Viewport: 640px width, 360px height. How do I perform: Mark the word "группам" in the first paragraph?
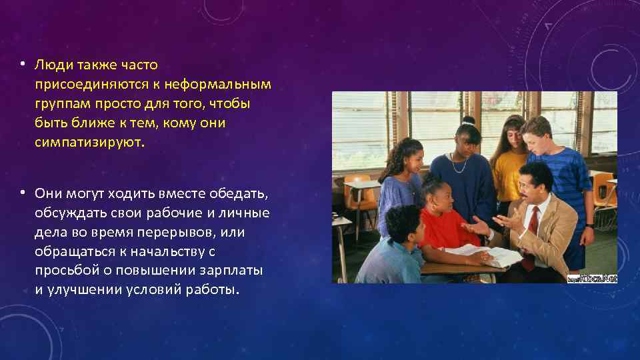(61, 104)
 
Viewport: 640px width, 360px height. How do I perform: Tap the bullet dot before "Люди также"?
(22, 64)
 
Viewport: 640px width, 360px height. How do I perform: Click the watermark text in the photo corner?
(591, 277)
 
